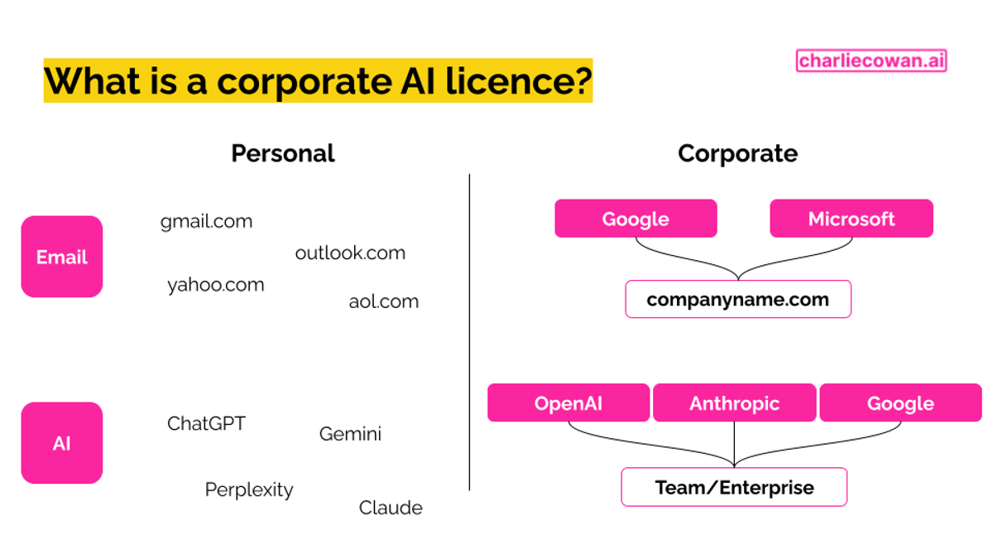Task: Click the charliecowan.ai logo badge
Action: point(871,60)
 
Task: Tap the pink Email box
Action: point(62,257)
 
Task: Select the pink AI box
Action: point(62,443)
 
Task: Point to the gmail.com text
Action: point(206,221)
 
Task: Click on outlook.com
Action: point(350,253)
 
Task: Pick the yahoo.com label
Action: point(216,285)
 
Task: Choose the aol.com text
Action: point(383,301)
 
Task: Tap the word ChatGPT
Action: point(206,423)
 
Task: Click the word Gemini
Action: point(350,434)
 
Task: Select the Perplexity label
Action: point(249,489)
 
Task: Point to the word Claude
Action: point(391,508)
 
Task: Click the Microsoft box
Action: point(851,219)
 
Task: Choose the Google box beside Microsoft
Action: point(636,219)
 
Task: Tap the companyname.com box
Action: point(737,299)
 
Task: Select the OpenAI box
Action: point(568,403)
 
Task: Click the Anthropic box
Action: point(734,403)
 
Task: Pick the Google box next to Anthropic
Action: point(900,403)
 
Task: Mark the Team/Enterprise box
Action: point(734,487)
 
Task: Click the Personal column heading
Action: point(283,153)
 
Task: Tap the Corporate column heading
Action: point(737,153)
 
